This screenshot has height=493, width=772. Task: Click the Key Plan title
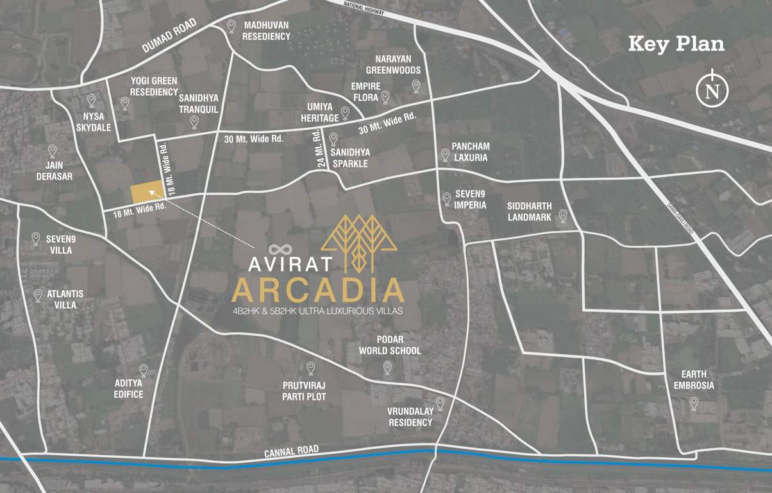click(676, 44)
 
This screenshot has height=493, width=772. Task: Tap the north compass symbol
click(712, 91)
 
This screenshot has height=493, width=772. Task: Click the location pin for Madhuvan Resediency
click(231, 26)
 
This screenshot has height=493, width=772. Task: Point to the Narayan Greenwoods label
click(393, 65)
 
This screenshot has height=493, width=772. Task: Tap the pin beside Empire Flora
click(385, 97)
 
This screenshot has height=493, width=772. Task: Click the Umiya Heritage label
click(320, 113)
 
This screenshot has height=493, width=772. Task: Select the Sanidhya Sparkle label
click(349, 158)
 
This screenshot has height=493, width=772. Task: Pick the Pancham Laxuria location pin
click(445, 155)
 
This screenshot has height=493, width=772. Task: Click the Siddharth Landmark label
click(529, 212)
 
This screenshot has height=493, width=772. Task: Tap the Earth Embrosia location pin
click(693, 403)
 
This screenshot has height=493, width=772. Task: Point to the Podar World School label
click(390, 345)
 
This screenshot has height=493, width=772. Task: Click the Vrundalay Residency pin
click(440, 403)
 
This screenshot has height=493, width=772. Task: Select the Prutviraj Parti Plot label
click(304, 390)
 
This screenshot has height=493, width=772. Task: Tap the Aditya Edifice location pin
click(144, 370)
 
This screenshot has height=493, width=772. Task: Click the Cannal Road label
click(291, 452)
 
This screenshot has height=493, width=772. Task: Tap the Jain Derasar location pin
click(53, 151)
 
